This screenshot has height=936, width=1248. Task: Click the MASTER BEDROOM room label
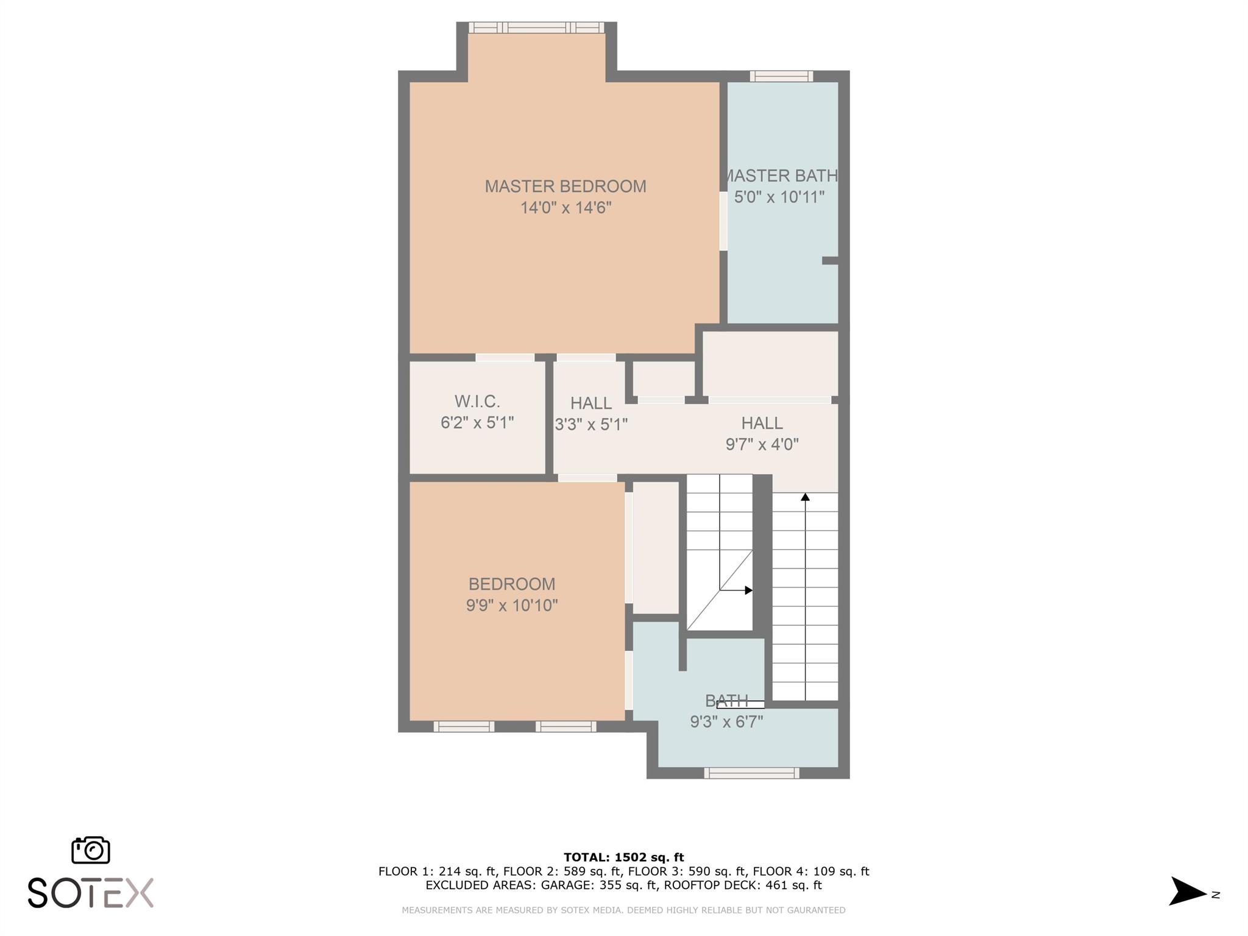coord(565,186)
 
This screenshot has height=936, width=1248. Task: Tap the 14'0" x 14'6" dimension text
coord(565,208)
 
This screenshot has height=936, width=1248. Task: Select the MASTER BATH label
coord(781,176)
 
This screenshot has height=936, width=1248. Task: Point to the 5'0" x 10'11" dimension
coord(779,197)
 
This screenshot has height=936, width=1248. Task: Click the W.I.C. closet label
coord(477,402)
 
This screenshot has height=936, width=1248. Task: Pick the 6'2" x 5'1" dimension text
coord(477,423)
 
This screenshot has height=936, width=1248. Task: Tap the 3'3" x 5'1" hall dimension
coord(591,425)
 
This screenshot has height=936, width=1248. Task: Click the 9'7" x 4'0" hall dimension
coord(762,444)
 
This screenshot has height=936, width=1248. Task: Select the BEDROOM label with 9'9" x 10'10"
coord(512,584)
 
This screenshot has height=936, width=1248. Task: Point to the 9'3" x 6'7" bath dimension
coord(726,722)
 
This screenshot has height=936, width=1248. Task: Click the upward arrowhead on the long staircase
coord(805,497)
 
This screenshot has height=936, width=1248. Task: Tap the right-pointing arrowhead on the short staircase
coord(749,590)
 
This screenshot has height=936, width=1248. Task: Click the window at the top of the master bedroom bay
coord(536,27)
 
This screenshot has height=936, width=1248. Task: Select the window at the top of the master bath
coord(781,76)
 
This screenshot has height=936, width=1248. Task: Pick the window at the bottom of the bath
coord(752,773)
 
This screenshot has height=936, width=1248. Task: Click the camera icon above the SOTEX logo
coord(91,850)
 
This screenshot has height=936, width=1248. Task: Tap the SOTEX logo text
coord(91,893)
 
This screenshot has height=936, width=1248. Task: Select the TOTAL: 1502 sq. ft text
coord(624,857)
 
